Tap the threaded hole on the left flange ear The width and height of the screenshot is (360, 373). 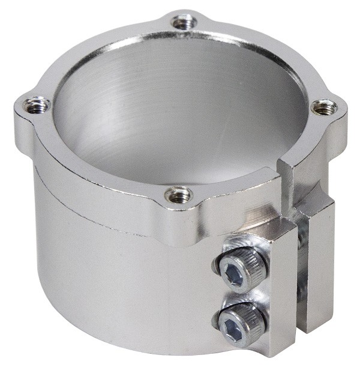(x=37, y=106)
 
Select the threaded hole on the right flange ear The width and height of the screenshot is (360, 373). (x=325, y=108)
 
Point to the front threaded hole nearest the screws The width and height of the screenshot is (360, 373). (x=178, y=195)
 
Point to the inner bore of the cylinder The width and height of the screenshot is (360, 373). (x=180, y=114)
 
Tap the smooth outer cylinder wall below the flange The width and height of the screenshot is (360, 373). (x=120, y=282)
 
